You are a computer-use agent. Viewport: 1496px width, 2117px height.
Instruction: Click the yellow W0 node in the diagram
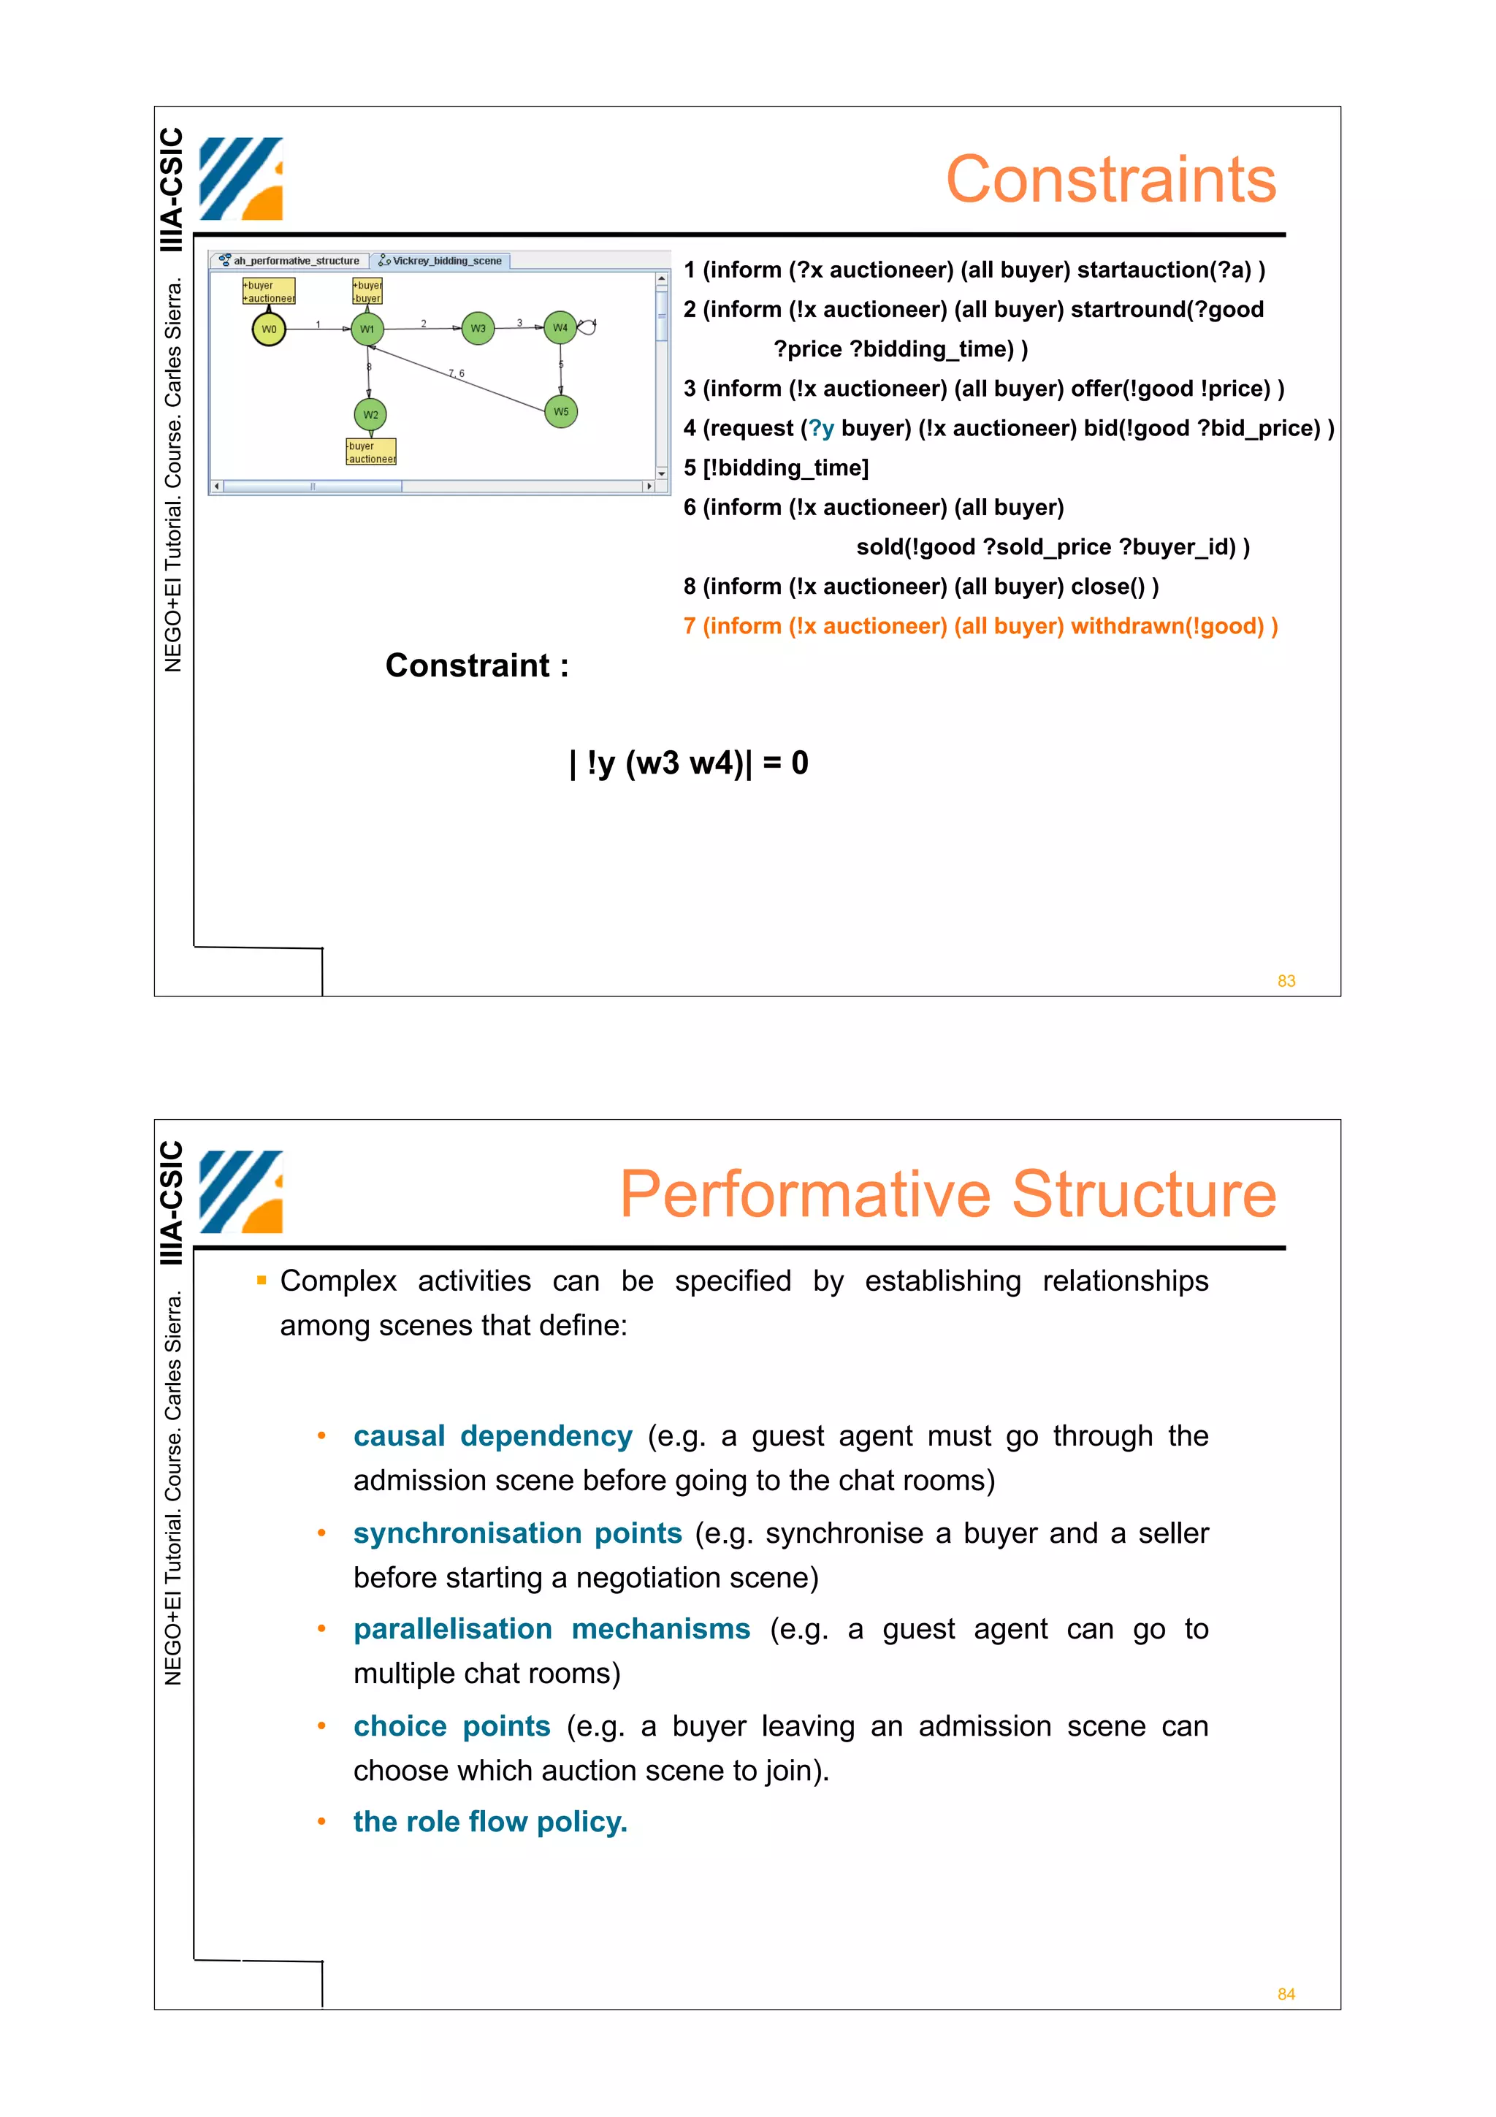click(x=268, y=329)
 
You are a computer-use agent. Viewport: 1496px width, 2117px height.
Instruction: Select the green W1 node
click(x=367, y=329)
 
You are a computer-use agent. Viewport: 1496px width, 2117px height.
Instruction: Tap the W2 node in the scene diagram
click(x=370, y=415)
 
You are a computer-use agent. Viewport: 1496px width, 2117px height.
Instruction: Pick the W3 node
click(x=478, y=328)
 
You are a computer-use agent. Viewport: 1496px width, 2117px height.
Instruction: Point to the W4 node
click(x=560, y=327)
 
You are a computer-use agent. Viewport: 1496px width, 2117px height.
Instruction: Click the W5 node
click(x=561, y=411)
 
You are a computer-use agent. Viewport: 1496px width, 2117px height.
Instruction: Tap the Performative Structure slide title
click(x=947, y=1194)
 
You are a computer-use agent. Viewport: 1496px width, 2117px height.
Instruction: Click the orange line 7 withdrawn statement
click(x=980, y=626)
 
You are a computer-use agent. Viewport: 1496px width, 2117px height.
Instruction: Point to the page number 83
click(x=1286, y=981)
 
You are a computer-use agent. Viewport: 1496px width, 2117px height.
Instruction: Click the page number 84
click(x=1286, y=1994)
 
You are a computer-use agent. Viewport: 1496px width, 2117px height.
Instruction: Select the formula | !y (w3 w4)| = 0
click(x=689, y=763)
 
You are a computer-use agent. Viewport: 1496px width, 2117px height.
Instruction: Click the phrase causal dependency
click(x=492, y=1435)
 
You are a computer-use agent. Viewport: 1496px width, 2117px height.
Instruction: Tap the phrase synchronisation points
click(x=517, y=1533)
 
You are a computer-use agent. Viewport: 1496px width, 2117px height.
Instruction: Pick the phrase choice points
click(x=451, y=1726)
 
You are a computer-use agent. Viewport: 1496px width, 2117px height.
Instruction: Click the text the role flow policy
click(x=489, y=1822)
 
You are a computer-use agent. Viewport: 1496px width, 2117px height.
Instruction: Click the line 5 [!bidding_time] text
click(x=776, y=468)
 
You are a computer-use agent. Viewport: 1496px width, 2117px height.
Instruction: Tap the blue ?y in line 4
click(x=821, y=429)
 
